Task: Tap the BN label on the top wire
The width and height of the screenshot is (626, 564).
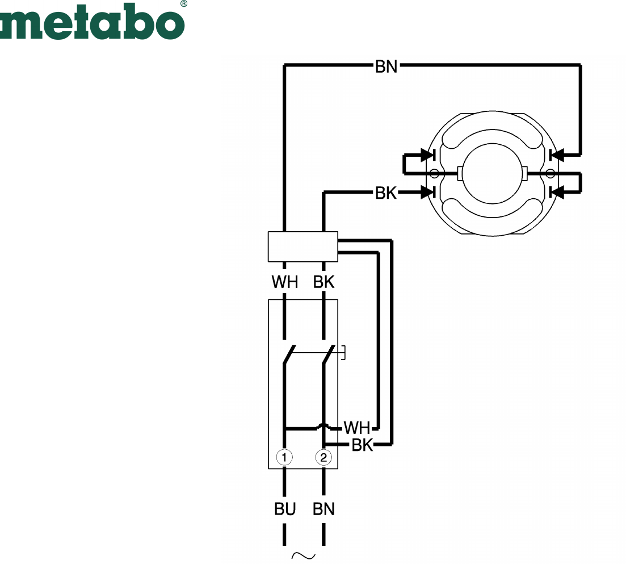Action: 386,66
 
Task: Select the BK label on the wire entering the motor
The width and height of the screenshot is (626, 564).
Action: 386,193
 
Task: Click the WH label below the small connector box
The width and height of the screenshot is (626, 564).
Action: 285,282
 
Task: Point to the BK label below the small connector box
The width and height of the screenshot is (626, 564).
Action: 323,282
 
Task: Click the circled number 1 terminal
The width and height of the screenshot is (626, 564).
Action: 284,457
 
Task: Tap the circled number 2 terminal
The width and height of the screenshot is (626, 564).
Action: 323,457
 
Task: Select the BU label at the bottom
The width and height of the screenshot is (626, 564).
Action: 285,509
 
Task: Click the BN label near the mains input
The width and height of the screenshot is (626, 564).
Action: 323,509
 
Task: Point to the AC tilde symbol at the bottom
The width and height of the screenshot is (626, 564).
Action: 304,555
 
